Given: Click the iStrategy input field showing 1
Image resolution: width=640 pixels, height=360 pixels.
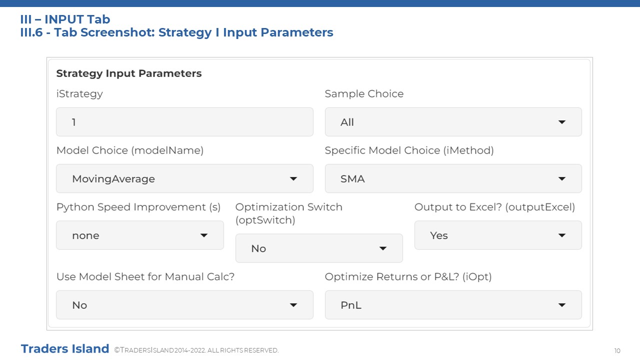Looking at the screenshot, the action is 184,122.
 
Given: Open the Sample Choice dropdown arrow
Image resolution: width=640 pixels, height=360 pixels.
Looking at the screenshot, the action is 561,122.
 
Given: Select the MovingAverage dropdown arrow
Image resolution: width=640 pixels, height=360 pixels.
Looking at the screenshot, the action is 293,179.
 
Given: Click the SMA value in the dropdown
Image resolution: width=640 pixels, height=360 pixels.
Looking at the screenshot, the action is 352,179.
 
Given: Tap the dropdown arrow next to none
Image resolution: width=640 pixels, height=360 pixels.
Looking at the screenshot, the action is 203,235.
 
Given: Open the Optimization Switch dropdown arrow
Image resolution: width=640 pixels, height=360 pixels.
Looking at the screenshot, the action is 383,248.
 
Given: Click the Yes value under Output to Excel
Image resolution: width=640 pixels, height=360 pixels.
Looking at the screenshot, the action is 439,235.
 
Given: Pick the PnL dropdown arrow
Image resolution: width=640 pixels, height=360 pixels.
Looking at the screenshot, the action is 561,305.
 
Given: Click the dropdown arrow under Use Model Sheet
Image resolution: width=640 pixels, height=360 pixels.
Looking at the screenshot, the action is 293,305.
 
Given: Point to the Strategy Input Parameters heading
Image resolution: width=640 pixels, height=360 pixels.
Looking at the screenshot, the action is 129,73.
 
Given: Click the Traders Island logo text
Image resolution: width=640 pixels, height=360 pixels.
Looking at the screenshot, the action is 65,349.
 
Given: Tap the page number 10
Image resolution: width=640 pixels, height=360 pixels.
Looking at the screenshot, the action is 617,350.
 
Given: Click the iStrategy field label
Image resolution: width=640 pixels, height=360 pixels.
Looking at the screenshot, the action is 79,94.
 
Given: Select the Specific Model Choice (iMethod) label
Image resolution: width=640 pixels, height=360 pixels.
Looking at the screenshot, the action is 409,150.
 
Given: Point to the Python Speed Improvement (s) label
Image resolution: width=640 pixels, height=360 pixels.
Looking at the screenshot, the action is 138,207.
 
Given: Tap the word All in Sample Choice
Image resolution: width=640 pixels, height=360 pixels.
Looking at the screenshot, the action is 347,122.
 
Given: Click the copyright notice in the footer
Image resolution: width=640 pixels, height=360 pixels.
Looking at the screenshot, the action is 196,350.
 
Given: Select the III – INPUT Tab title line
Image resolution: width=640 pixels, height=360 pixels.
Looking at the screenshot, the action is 65,19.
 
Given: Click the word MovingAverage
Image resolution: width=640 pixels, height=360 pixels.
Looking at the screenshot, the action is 113,179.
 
